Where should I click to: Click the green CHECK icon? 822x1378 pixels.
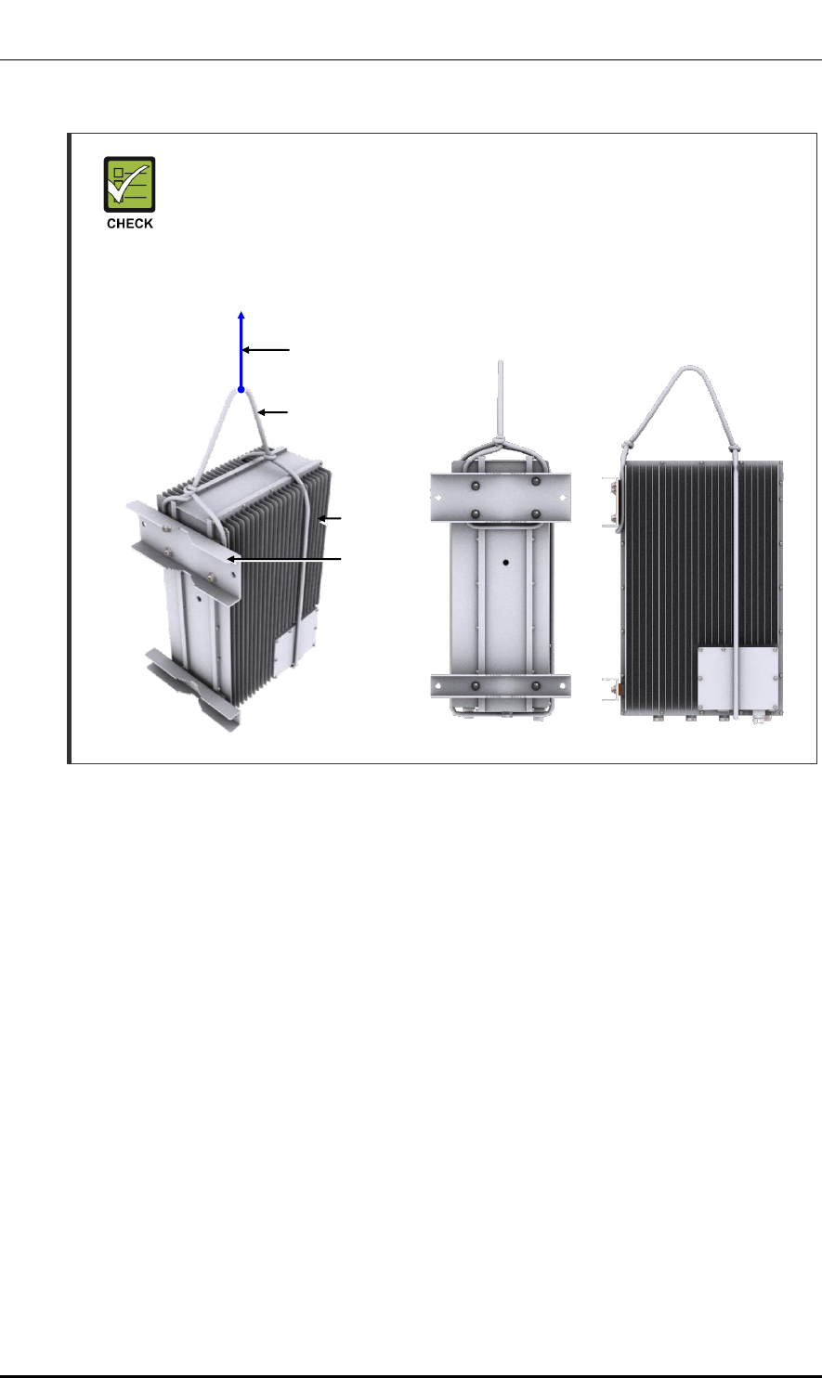129,184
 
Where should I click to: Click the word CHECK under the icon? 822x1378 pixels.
130,224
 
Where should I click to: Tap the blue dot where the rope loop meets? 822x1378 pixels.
241,389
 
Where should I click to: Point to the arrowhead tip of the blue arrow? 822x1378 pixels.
241,312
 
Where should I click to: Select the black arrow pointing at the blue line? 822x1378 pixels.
266,350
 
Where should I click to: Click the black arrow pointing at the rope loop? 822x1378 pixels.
272,412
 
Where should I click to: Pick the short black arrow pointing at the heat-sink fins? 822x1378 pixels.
329,518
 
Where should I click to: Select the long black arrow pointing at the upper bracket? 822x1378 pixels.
283,559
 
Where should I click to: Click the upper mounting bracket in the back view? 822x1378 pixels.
501,498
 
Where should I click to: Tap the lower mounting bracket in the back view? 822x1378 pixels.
501,686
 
